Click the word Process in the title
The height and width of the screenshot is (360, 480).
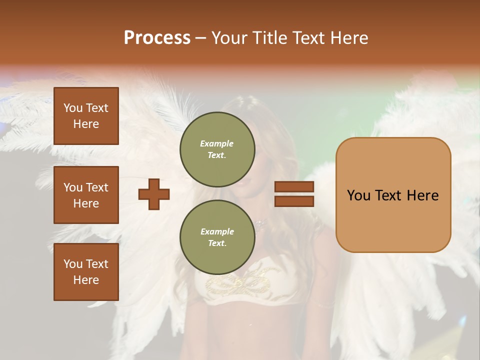point(157,37)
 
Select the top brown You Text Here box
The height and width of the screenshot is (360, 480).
point(86,116)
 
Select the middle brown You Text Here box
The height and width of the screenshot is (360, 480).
point(86,195)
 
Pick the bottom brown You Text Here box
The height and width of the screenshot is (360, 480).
point(86,272)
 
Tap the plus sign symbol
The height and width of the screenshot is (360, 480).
point(154,194)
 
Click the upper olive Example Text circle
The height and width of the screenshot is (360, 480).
point(217,149)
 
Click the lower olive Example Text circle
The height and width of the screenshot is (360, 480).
point(217,237)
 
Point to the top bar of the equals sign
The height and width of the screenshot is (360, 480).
point(294,187)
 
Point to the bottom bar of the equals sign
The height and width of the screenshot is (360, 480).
point(294,201)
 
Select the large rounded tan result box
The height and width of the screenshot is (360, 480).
point(393,195)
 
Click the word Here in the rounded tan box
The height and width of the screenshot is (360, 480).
point(422,195)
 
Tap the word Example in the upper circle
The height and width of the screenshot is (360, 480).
point(217,143)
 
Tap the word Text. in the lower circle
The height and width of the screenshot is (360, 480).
point(217,243)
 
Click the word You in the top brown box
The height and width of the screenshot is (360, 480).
point(72,108)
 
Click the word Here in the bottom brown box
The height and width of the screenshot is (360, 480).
point(86,280)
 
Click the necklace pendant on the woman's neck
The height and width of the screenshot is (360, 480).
point(259,222)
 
